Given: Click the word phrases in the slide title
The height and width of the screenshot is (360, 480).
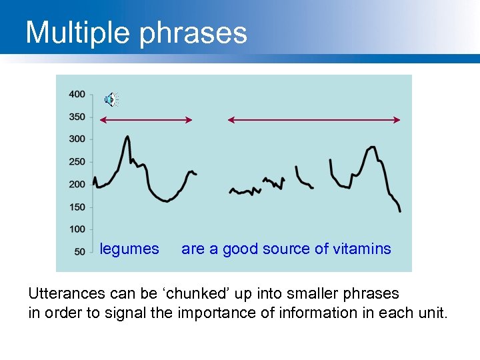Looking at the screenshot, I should point(193,33).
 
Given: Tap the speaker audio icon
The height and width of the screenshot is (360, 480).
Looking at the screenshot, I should point(111,100).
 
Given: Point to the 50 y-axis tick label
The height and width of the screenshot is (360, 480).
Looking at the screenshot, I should point(79,252).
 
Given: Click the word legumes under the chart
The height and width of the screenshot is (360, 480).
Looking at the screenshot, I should point(129,249).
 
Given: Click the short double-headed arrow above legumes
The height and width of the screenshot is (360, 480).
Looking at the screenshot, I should point(146,120).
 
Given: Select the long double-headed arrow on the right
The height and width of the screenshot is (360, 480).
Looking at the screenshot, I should point(314,120).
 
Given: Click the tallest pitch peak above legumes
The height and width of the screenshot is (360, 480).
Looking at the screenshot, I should point(127,138).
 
